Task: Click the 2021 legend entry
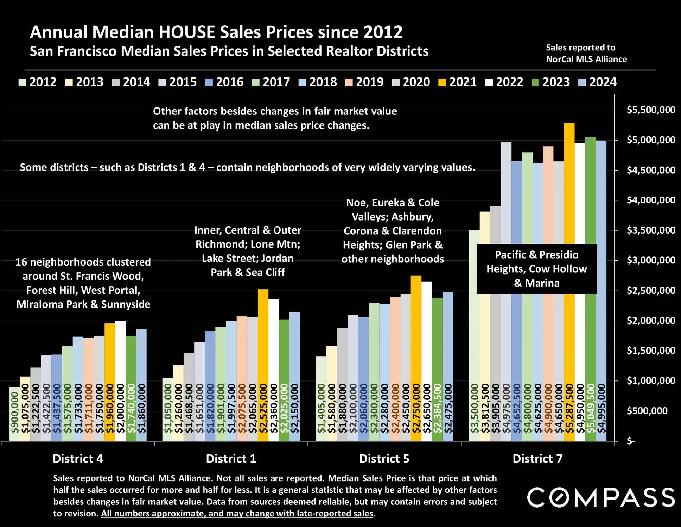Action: point(457,82)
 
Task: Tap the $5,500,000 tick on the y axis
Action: point(650,110)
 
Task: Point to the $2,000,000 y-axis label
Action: point(650,321)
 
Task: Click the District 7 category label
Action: point(537,459)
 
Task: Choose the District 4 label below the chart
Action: point(78,459)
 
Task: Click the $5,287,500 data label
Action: point(569,409)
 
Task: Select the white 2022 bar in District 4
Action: point(120,352)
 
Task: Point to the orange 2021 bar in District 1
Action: point(263,335)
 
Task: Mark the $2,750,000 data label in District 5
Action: point(416,409)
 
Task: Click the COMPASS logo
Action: point(601,497)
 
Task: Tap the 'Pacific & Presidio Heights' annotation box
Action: point(536,269)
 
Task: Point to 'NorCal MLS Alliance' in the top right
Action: point(586,59)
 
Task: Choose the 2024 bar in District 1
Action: point(294,352)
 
